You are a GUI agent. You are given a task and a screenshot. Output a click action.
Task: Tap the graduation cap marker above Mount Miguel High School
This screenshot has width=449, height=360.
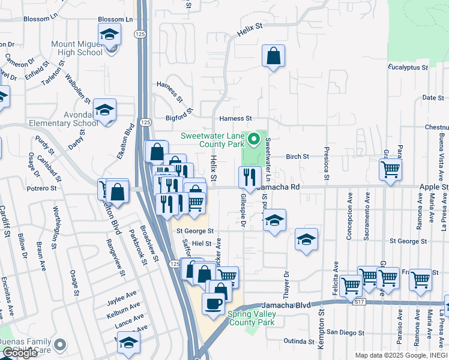pyautogui.click(x=109, y=34)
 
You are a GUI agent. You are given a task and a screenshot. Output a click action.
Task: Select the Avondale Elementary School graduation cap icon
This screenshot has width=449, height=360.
pyautogui.click(x=104, y=110)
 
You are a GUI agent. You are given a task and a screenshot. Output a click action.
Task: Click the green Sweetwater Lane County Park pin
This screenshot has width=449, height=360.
pyautogui.click(x=254, y=141)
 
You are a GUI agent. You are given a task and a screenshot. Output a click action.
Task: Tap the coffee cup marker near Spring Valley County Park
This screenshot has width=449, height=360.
pyautogui.click(x=213, y=304)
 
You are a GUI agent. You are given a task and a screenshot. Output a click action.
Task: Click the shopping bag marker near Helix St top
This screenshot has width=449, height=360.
pyautogui.click(x=273, y=56)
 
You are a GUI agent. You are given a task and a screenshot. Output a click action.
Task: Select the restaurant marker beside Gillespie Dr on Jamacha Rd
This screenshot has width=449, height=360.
pyautogui.click(x=248, y=178)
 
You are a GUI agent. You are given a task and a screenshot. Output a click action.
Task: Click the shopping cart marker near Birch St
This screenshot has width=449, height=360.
pyautogui.click(x=390, y=169)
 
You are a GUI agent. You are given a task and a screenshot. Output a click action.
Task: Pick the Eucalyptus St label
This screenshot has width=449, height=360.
pyautogui.click(x=408, y=67)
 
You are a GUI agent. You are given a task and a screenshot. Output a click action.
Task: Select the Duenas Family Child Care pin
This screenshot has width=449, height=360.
pyautogui.click(x=59, y=345)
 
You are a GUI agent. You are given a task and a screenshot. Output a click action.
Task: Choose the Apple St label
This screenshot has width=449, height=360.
pyautogui.click(x=436, y=187)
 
